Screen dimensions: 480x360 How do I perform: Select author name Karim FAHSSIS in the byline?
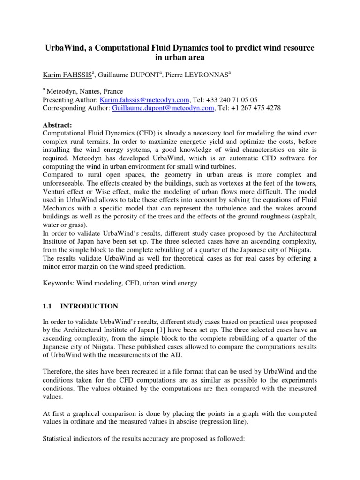pyautogui.click(x=67, y=74)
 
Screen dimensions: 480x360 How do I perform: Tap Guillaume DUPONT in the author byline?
pyautogui.click(x=124, y=74)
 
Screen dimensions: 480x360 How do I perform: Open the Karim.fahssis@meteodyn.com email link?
pyautogui.click(x=145, y=100)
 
